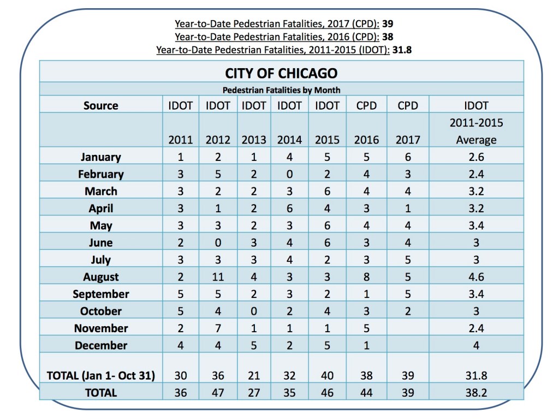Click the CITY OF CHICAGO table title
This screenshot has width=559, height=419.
(x=281, y=73)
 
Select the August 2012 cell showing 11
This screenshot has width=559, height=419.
(x=218, y=277)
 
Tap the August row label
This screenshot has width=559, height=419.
(x=101, y=277)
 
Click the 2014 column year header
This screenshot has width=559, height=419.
(x=289, y=140)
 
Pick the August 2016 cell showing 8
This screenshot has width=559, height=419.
(x=366, y=277)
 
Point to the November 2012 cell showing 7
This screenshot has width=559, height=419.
(x=218, y=328)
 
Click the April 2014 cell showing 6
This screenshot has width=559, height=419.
(x=289, y=208)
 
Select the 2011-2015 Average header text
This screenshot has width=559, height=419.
(x=476, y=131)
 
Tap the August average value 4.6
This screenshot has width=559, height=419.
(x=476, y=277)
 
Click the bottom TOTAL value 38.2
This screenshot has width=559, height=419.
(x=476, y=392)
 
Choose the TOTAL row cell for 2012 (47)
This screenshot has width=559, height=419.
(x=218, y=392)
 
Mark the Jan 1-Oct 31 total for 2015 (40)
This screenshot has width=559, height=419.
(x=328, y=375)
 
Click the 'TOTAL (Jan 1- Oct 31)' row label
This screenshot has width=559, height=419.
(x=101, y=375)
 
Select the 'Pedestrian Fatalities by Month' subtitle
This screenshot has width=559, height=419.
(x=281, y=89)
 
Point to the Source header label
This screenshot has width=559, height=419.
(x=101, y=105)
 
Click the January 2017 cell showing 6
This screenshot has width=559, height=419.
(x=408, y=157)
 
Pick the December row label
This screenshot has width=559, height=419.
(x=101, y=345)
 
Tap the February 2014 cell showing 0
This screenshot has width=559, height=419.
(x=289, y=174)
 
